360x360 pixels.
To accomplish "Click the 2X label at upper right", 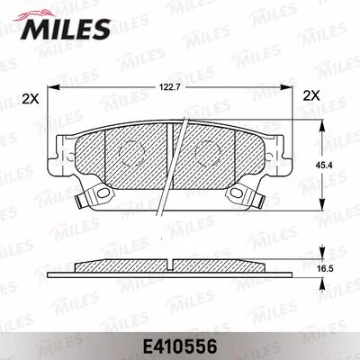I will point(311,95).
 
